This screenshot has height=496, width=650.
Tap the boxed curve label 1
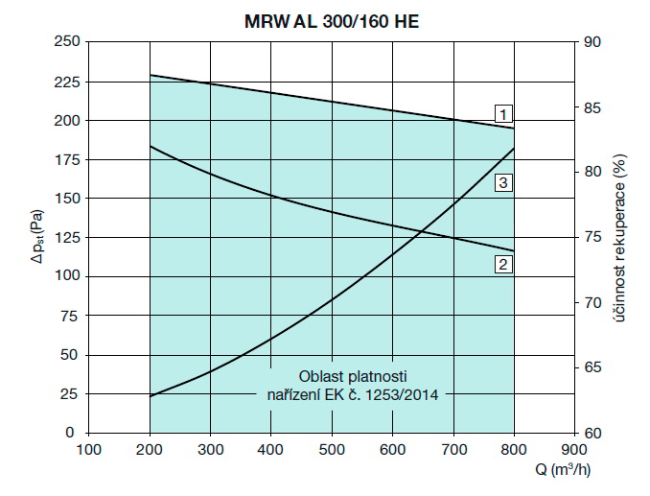coord(502,111)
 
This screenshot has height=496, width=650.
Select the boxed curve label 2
coord(502,264)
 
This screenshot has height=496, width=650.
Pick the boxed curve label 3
coord(502,181)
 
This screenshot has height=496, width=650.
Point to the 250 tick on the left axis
coord(64,42)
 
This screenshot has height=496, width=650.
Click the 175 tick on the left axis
coord(64,159)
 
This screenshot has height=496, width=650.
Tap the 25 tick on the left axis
coord(68,393)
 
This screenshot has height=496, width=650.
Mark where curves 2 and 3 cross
coord(423,229)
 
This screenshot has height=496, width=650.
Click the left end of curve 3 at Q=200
coord(150,396)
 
